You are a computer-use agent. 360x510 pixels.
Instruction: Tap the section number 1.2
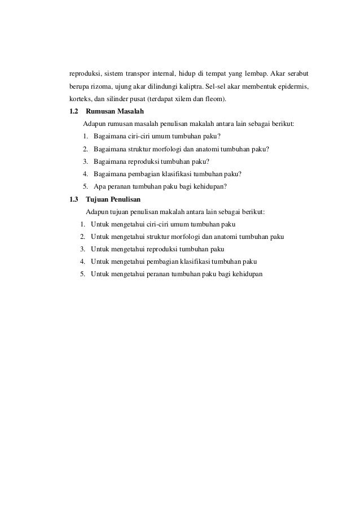click(x=73, y=112)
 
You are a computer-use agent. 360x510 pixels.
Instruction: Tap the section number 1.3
click(x=73, y=199)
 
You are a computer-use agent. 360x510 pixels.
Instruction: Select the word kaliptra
click(x=192, y=86)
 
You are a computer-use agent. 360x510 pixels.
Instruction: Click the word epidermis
click(x=293, y=86)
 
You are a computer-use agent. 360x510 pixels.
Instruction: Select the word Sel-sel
click(x=219, y=86)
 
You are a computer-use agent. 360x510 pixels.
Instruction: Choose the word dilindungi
click(x=161, y=86)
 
